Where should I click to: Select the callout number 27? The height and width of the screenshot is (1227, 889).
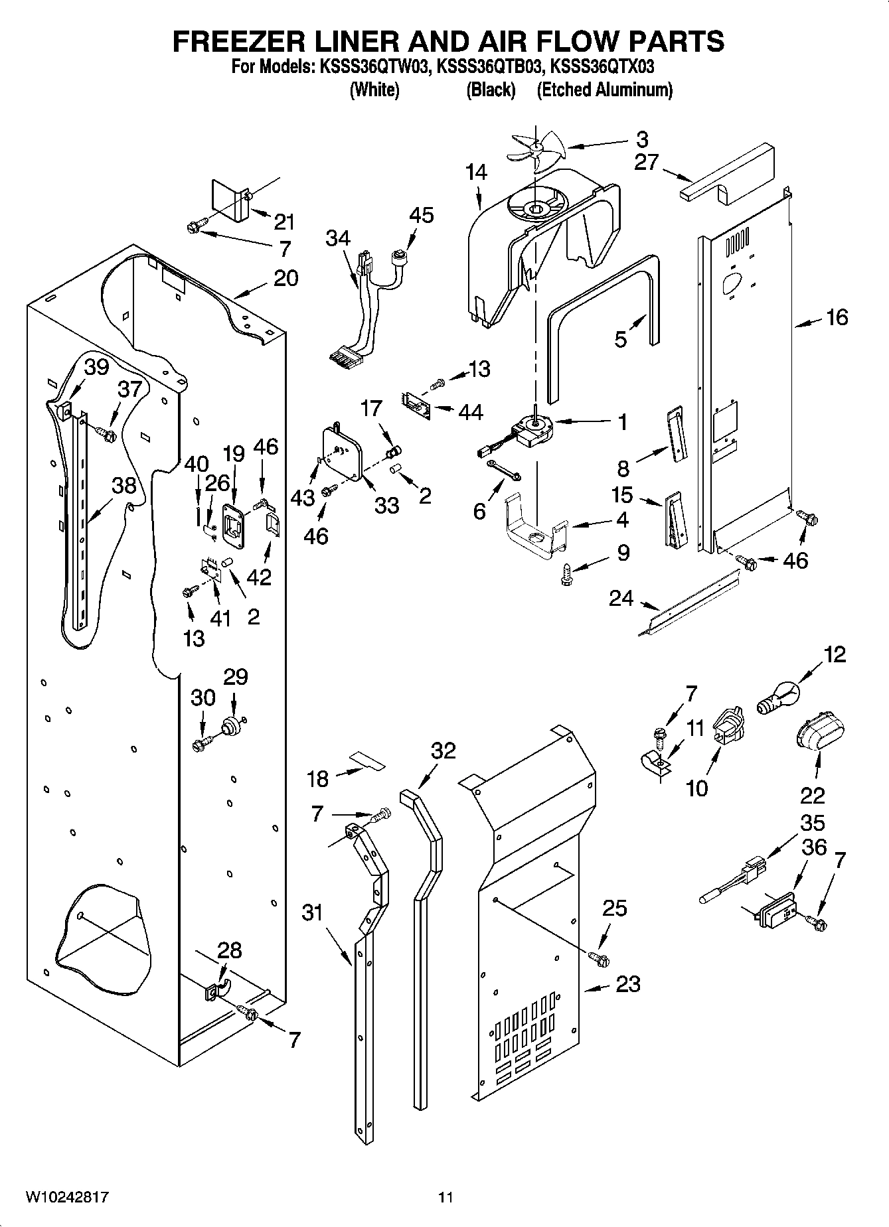(645, 162)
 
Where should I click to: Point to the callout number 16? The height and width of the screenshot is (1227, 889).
(837, 318)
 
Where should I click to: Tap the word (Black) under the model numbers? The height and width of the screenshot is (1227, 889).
(491, 90)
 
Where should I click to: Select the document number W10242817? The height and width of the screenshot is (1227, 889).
(67, 1198)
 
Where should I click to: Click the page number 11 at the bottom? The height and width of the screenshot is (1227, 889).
(445, 1198)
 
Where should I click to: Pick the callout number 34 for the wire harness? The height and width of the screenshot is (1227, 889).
(338, 238)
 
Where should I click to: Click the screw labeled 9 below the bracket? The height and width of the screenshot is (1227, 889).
(566, 574)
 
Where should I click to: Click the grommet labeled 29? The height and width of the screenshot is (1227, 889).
(232, 726)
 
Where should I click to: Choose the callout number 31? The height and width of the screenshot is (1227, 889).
(312, 913)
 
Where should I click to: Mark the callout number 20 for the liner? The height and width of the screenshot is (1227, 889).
(285, 278)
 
